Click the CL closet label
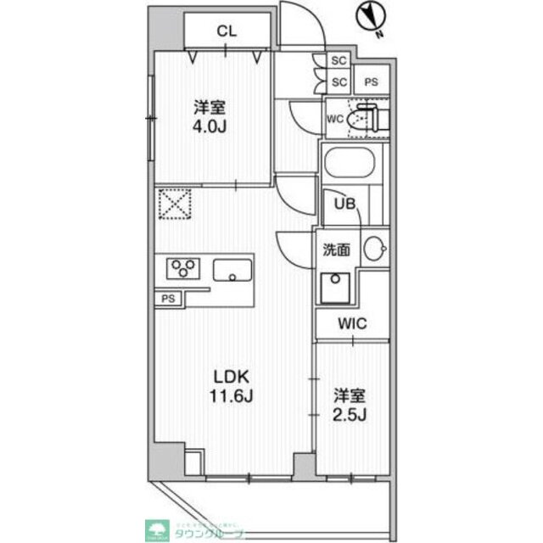[226, 32]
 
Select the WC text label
[334, 119]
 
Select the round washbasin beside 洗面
[375, 249]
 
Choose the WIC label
[352, 322]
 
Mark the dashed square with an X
[176, 204]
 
